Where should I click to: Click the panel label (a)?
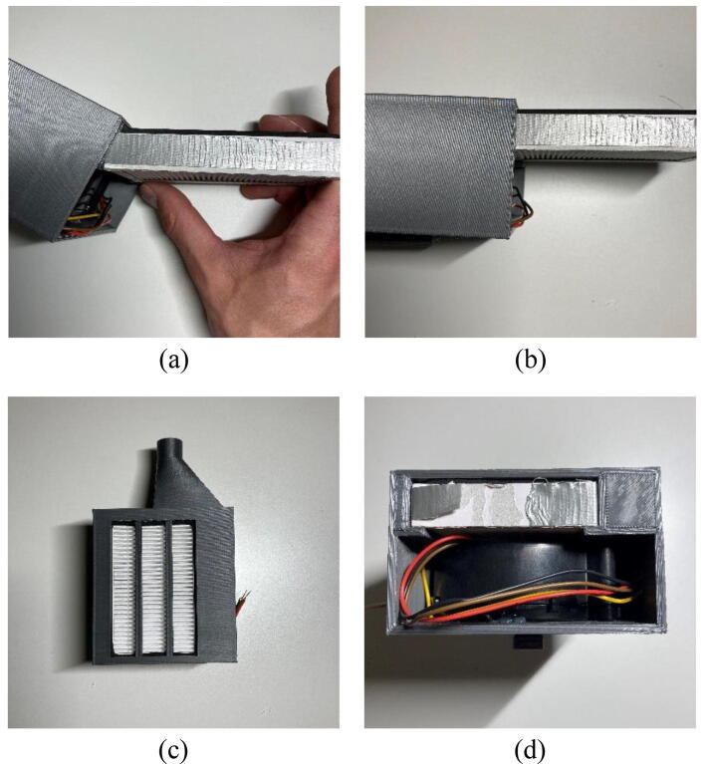coord(173,360)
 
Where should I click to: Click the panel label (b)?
coord(531,360)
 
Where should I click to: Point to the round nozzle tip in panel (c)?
coord(169,446)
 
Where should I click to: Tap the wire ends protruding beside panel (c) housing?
coord(243,603)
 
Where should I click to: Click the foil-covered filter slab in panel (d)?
coord(504,502)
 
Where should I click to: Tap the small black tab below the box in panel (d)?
coord(528,641)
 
